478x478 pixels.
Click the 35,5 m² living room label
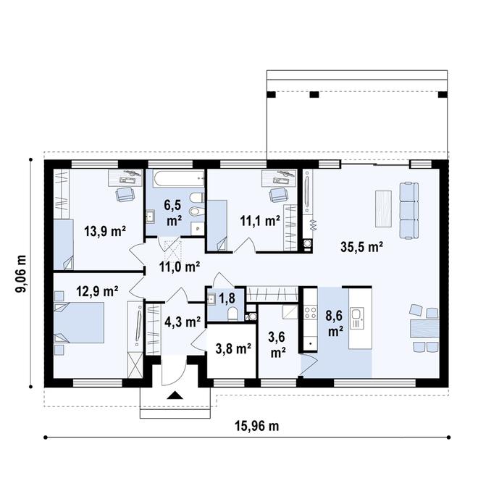pyautogui.click(x=361, y=247)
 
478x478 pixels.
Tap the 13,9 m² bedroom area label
pyautogui.click(x=105, y=231)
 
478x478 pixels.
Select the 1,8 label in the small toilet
pyautogui.click(x=227, y=298)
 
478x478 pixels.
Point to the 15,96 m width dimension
pyautogui.click(x=256, y=426)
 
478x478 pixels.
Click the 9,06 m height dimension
pyautogui.click(x=21, y=273)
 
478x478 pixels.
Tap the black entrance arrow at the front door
pyautogui.click(x=175, y=395)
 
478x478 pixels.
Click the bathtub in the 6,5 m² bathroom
pyautogui.click(x=179, y=179)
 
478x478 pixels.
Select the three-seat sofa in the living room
pyautogui.click(x=408, y=210)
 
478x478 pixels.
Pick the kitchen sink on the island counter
pyautogui.click(x=357, y=318)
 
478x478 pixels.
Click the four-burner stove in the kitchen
pyautogui.click(x=310, y=312)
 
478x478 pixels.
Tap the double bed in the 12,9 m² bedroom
pyautogui.click(x=79, y=322)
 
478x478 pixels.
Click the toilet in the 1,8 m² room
pyautogui.click(x=233, y=314)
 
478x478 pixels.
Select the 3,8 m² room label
pyautogui.click(x=233, y=349)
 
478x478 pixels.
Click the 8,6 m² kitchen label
pyautogui.click(x=334, y=324)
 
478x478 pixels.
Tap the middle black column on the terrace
pyautogui.click(x=314, y=94)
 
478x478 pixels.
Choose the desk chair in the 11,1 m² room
pyautogui.click(x=278, y=194)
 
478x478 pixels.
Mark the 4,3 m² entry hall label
pyautogui.click(x=183, y=322)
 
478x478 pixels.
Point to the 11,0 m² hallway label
pyautogui.click(x=180, y=267)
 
